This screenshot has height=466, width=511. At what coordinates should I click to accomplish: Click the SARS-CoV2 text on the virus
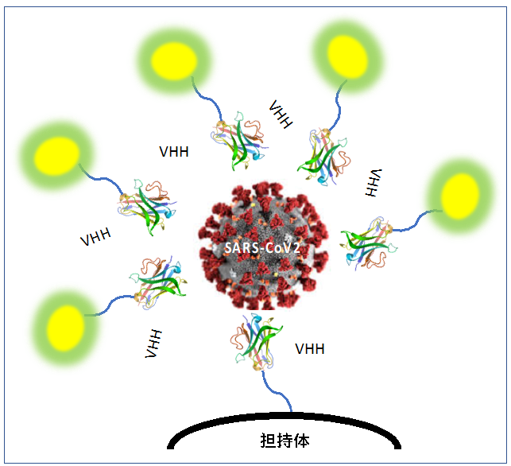click(262, 248)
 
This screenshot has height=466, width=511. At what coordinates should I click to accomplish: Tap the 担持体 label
click(285, 441)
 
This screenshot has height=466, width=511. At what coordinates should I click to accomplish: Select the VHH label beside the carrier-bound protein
click(310, 349)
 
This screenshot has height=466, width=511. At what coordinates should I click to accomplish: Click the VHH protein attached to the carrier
click(256, 342)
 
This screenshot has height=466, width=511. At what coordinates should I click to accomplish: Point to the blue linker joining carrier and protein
click(276, 391)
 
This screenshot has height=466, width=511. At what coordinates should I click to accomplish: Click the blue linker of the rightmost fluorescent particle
click(416, 222)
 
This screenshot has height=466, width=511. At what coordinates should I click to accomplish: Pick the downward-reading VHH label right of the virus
click(374, 183)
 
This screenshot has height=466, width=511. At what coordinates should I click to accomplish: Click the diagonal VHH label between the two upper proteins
click(281, 115)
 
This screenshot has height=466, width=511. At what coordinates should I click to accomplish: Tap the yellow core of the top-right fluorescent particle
click(347, 57)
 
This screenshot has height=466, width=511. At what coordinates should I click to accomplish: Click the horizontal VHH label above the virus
click(174, 152)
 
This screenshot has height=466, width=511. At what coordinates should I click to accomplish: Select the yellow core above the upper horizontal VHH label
click(174, 61)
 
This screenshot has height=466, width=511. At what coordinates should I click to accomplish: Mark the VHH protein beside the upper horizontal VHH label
click(239, 141)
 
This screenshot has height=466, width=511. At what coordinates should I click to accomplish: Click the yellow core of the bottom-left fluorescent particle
click(65, 328)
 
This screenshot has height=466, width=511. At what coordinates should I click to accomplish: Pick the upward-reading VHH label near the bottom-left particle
click(153, 344)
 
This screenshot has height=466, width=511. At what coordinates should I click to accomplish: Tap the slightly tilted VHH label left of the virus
click(95, 237)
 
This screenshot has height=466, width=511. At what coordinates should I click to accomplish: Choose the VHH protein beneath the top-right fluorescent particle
click(323, 157)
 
